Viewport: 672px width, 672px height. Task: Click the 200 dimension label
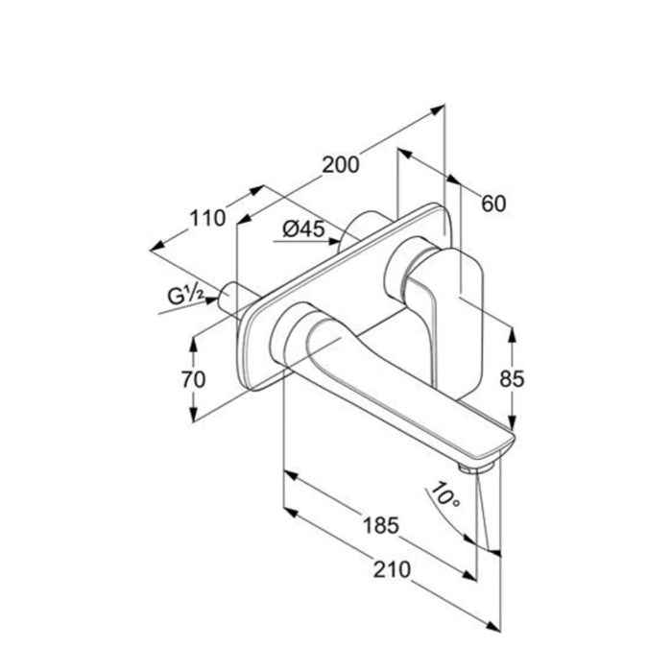(340, 164)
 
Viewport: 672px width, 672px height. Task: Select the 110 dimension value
(207, 219)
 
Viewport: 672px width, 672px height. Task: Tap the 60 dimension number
(492, 204)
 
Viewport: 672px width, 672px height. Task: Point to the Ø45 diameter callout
(305, 228)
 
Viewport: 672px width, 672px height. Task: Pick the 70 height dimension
(193, 379)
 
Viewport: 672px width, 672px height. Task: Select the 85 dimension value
(512, 378)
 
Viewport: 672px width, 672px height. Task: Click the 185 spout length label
(381, 525)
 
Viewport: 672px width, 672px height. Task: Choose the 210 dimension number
(391, 569)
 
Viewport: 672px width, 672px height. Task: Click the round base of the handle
(400, 271)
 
